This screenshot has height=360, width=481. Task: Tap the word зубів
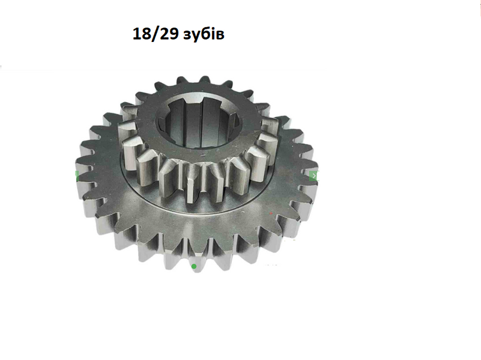[204, 34]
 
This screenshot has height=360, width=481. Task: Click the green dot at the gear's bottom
[194, 266]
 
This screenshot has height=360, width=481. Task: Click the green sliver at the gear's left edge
[77, 176]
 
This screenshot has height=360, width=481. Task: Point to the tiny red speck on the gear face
[271, 213]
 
